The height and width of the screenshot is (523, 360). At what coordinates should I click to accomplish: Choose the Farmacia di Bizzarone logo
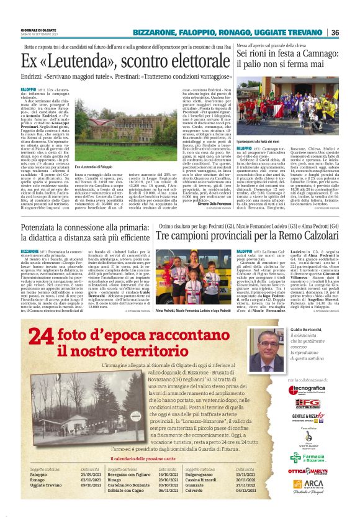(305, 457)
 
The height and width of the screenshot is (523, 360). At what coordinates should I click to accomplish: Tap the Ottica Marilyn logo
(305, 471)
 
